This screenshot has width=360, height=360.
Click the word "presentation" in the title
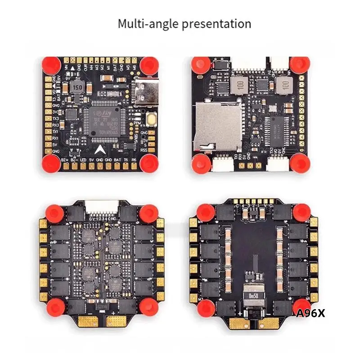217,23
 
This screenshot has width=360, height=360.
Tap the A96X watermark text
310,313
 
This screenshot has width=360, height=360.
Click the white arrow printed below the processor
99,149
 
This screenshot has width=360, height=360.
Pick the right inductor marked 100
283,83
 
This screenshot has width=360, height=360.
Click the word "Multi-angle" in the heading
148,23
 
